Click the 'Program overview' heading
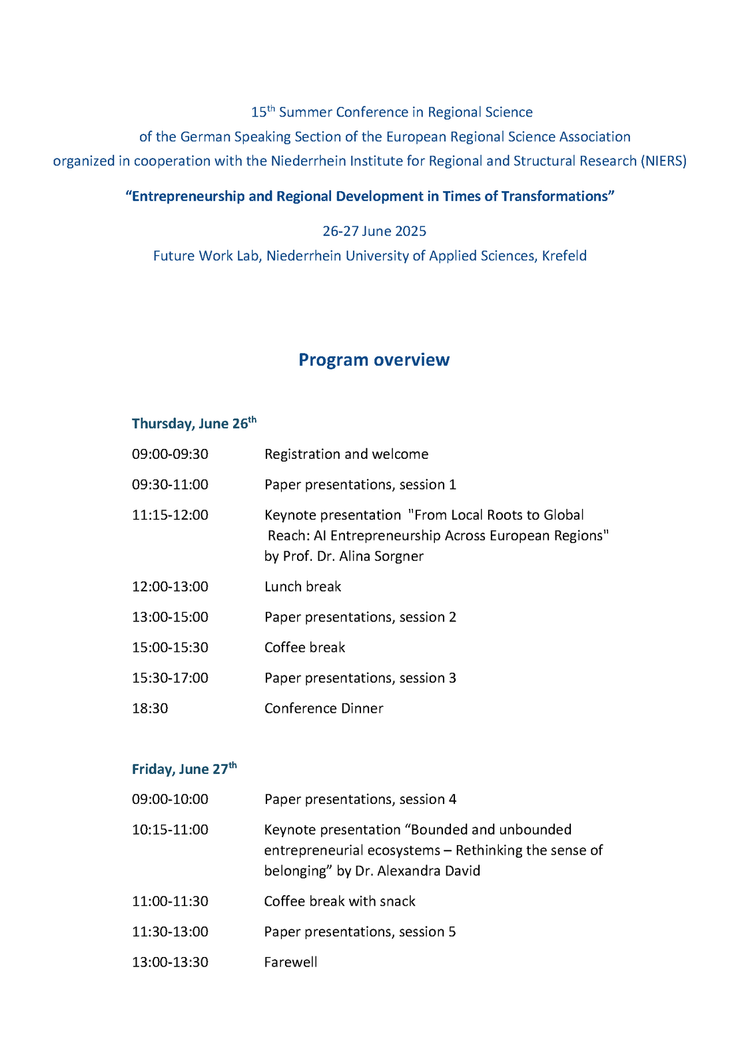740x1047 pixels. pos(374,360)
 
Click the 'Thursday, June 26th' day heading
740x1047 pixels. pos(193,424)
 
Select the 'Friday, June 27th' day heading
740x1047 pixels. pos(184,769)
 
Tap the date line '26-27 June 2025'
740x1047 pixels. pos(374,231)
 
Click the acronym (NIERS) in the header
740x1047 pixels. pos(663,161)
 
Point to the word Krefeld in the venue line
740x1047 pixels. pos(564,256)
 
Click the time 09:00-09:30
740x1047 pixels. pos(170,454)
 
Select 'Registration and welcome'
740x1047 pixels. pos(346,454)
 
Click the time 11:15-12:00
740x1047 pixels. pos(170,515)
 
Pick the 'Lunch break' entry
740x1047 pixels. pos(302,587)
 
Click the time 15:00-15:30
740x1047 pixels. pos(170,647)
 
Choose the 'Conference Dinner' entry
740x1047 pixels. pos(324,708)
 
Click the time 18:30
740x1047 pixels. pos(150,708)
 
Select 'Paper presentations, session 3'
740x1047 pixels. pos(360,678)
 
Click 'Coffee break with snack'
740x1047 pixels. pos(339,901)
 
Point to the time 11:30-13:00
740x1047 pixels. pos(170,932)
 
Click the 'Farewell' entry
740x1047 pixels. pos(290,962)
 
